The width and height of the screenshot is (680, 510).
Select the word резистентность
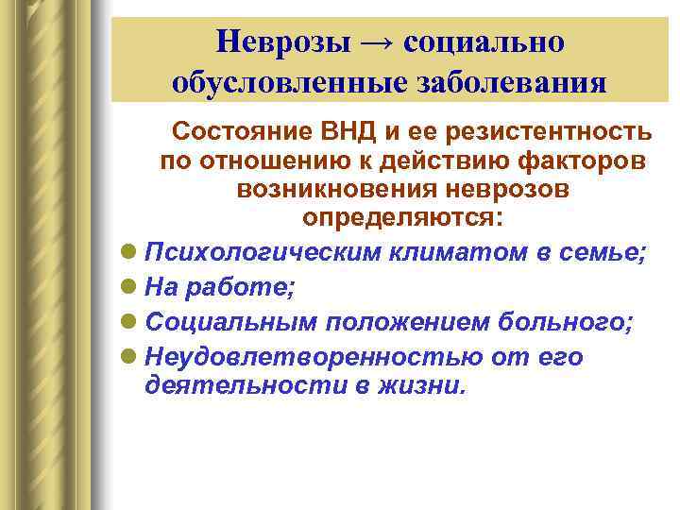click(x=543, y=129)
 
